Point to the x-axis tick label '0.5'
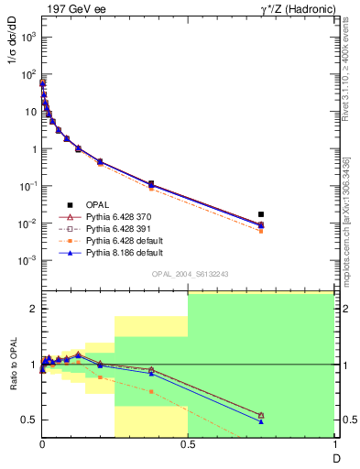tap(188, 445)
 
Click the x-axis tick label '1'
tap(333, 445)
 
